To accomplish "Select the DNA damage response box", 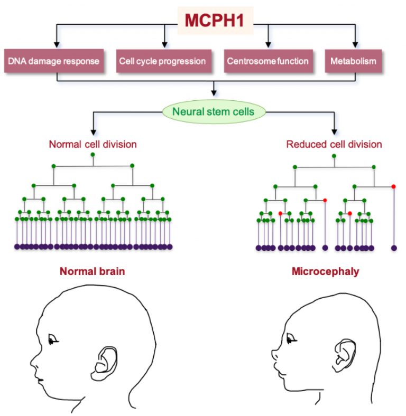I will coord(54,61).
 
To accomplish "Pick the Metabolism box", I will coord(353,61).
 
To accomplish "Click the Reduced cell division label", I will coord(334,144).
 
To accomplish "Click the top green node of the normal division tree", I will coord(93,155).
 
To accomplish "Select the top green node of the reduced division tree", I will coord(334,156).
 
